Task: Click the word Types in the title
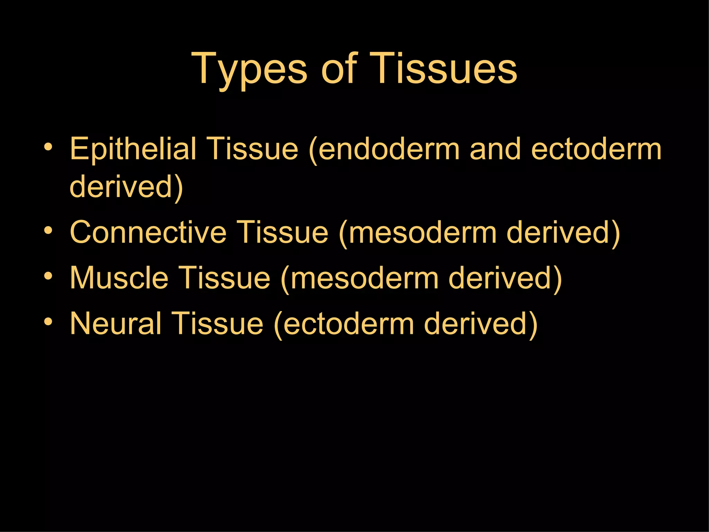tap(249, 69)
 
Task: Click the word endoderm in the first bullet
tap(388, 149)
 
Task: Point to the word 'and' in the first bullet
tap(495, 149)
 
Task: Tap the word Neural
tap(116, 323)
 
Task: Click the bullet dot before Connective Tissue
tap(48, 231)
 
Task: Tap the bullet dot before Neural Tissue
tap(48, 322)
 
